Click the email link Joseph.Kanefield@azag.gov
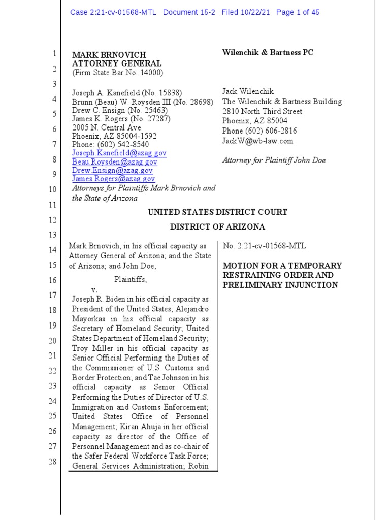click(119, 153)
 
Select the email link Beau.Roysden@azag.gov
click(115, 161)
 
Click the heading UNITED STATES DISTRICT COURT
click(217, 212)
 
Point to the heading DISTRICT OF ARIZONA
click(217, 227)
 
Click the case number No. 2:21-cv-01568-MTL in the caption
click(265, 246)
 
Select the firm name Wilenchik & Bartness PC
click(268, 53)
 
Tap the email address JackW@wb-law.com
click(257, 141)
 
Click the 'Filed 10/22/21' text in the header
click(245, 12)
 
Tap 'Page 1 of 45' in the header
click(298, 12)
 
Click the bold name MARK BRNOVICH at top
click(109, 55)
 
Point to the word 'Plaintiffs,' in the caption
click(131, 279)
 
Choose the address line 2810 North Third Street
click(262, 111)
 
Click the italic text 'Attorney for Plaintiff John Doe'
click(274, 160)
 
